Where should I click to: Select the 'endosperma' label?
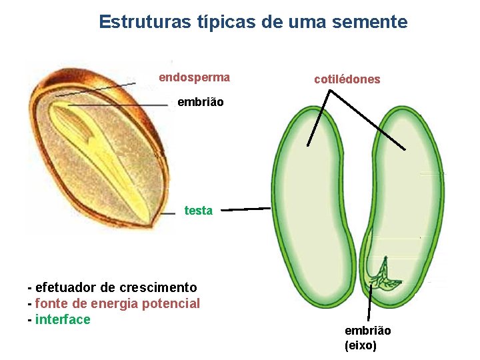coord(194,77)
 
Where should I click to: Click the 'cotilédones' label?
coord(347,79)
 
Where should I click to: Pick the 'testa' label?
coord(198,211)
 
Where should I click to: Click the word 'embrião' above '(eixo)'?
coord(367,331)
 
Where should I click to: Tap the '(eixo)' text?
coord(361,345)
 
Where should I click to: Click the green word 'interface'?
coord(63,319)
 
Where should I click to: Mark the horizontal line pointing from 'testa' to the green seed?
coord(245,209)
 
